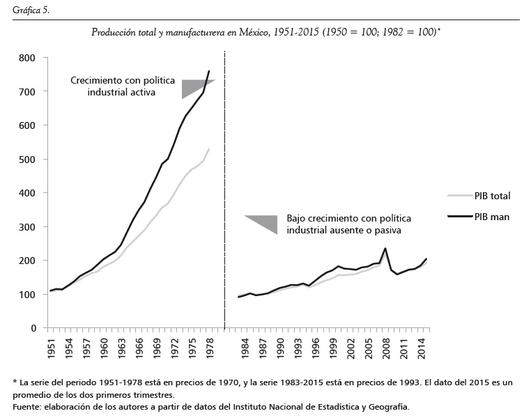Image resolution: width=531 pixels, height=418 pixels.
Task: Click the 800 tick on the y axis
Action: [x=28, y=58]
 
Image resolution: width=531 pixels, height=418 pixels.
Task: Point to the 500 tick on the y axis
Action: [x=28, y=159]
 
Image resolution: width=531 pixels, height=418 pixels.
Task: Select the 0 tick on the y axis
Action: [x=33, y=328]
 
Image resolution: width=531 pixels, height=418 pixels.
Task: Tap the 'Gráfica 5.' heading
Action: [x=31, y=9]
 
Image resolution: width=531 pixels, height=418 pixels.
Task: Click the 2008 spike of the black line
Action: [x=385, y=249]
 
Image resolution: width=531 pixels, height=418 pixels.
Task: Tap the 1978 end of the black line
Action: [x=209, y=71]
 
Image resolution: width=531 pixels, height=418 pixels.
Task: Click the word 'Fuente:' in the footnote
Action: [x=27, y=406]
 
